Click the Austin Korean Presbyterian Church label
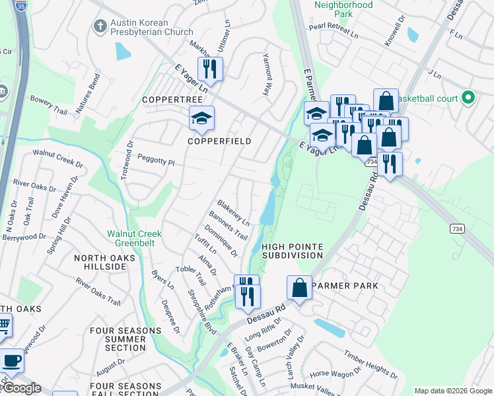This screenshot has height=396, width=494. (151, 27)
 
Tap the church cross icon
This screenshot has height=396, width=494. (100, 26)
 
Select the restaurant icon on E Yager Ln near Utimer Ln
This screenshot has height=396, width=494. (210, 68)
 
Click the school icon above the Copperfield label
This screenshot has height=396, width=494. (201, 117)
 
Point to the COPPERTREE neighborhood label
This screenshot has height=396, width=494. (172, 99)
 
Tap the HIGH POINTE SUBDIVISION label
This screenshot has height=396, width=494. (293, 250)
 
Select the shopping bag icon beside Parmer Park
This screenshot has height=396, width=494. (300, 288)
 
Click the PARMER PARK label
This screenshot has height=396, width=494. (345, 286)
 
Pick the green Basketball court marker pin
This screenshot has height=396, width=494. (468, 98)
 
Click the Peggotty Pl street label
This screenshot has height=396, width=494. (155, 161)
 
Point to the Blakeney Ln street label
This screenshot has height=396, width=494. (234, 211)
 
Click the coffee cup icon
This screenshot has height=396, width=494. (11, 360)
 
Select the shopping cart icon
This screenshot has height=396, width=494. (3, 324)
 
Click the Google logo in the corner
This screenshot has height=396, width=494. (22, 388)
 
